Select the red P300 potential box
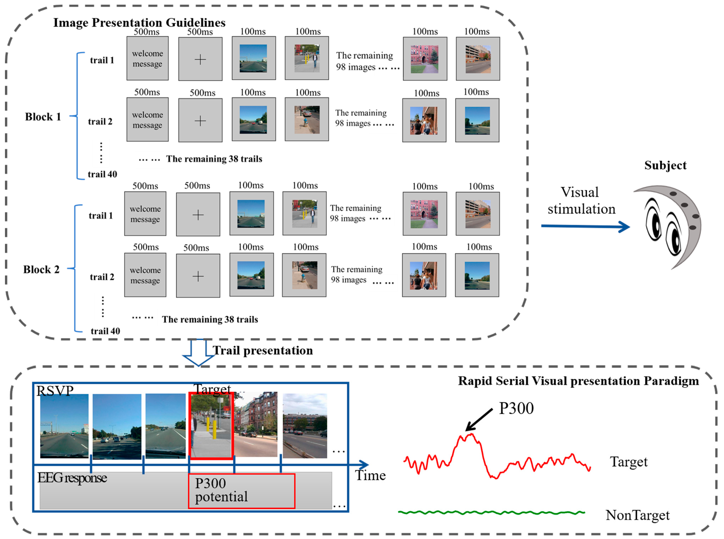pyautogui.click(x=241, y=491)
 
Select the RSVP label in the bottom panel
pyautogui.click(x=55, y=391)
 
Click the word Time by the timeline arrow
pyautogui.click(x=370, y=475)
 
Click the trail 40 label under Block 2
pyautogui.click(x=105, y=331)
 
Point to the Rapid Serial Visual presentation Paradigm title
pyautogui.click(x=578, y=381)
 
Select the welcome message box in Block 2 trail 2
pyautogui.click(x=145, y=275)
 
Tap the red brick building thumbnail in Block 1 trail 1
pyautogui.click(x=424, y=59)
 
